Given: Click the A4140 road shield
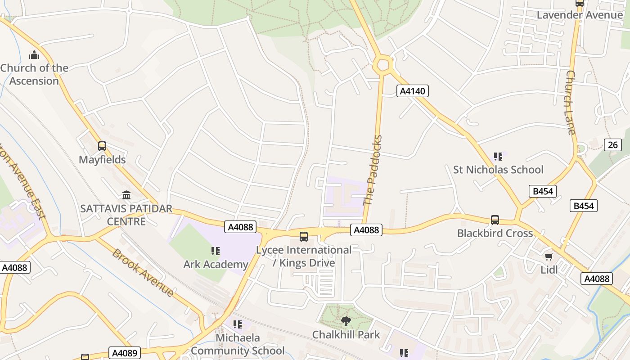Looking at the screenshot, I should tap(413, 91).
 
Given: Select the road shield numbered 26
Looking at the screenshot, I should tap(613, 145).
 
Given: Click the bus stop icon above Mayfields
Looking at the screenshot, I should tap(102, 146).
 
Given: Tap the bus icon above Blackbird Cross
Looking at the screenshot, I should tap(495, 220).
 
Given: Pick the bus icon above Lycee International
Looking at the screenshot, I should tap(304, 237).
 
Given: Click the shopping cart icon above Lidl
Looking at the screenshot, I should tap(549, 256).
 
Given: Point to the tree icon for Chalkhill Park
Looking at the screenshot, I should tap(346, 321).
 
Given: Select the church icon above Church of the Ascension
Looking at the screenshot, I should tap(34, 55).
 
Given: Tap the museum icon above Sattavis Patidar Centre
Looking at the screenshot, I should tap(126, 195).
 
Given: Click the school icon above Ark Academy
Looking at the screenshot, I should tap(216, 251).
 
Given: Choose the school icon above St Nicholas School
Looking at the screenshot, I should tap(498, 157).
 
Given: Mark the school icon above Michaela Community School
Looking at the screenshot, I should tap(238, 324).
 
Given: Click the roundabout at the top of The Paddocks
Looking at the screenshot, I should tap(383, 64).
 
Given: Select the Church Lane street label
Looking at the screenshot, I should tap(571, 103).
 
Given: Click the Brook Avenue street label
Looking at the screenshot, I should tap(143, 273).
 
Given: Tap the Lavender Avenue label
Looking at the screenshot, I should tap(580, 15).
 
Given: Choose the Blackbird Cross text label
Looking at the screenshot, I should tap(495, 233).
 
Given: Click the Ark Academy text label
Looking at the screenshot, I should tap(216, 264).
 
